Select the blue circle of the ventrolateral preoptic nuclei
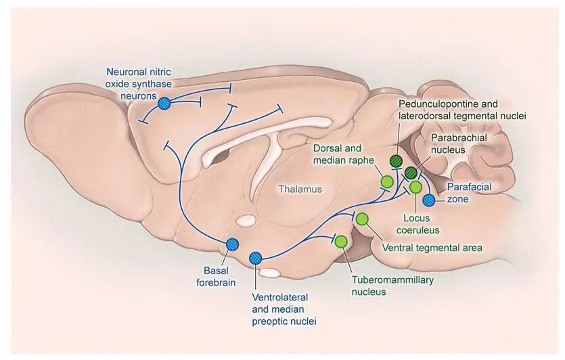[256, 257]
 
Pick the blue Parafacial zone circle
[428, 200]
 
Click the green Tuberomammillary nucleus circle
[341, 241]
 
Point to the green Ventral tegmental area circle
[362, 219]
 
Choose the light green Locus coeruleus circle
[415, 187]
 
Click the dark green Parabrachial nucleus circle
[410, 173]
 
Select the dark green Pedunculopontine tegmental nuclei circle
[396, 160]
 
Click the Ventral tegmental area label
[432, 248]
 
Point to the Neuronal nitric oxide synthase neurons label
[139, 83]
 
